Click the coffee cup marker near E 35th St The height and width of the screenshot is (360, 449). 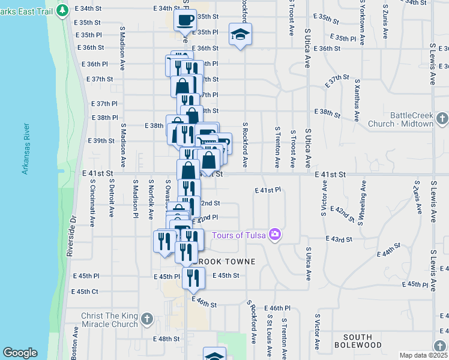[x=184, y=20]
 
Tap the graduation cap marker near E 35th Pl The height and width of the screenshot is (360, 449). [x=240, y=35]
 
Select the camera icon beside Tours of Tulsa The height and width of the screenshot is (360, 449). [x=275, y=234]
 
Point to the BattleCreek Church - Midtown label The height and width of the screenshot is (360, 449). [x=411, y=119]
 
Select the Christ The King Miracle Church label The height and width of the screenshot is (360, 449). [x=109, y=320]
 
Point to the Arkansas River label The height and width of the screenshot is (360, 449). [x=26, y=149]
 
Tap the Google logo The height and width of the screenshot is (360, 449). [x=20, y=353]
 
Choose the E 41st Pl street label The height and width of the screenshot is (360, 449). [x=268, y=190]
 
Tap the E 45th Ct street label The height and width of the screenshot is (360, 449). [x=85, y=292]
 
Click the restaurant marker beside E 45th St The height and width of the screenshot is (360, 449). [x=193, y=277]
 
